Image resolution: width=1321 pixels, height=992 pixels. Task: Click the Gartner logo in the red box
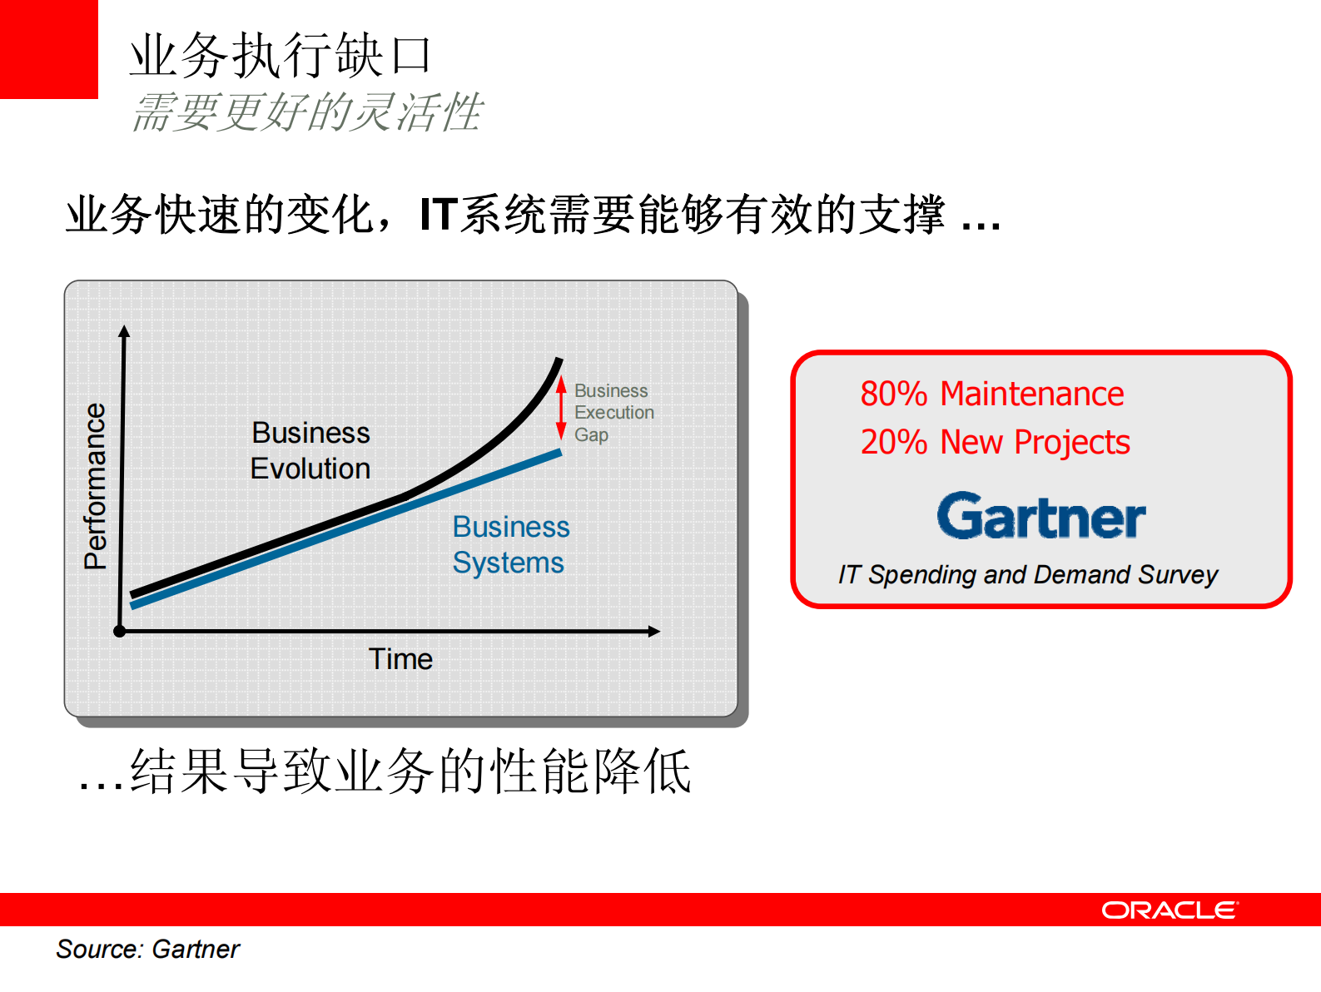click(1041, 515)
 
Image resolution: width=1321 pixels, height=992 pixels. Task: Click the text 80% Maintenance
click(992, 394)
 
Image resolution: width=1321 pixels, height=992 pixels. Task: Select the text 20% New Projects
click(995, 443)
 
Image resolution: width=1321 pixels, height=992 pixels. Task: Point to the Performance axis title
click(95, 486)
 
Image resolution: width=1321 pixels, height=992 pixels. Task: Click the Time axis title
click(400, 659)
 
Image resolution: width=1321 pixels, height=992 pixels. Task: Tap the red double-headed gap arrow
click(561, 409)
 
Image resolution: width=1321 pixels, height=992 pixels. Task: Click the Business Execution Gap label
click(613, 413)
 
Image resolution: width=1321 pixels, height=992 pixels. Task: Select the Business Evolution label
click(310, 450)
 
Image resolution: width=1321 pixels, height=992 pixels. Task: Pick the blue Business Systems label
click(511, 545)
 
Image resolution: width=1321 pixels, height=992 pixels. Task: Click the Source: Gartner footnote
click(148, 950)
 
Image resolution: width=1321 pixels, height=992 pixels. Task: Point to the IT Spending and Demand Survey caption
click(1028, 574)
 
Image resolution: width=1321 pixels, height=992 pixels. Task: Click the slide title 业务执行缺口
click(281, 56)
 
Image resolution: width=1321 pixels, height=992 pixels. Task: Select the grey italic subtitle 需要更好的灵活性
click(307, 112)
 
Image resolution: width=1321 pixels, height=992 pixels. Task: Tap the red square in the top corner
click(49, 49)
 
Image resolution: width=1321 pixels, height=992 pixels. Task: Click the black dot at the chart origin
click(120, 632)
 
